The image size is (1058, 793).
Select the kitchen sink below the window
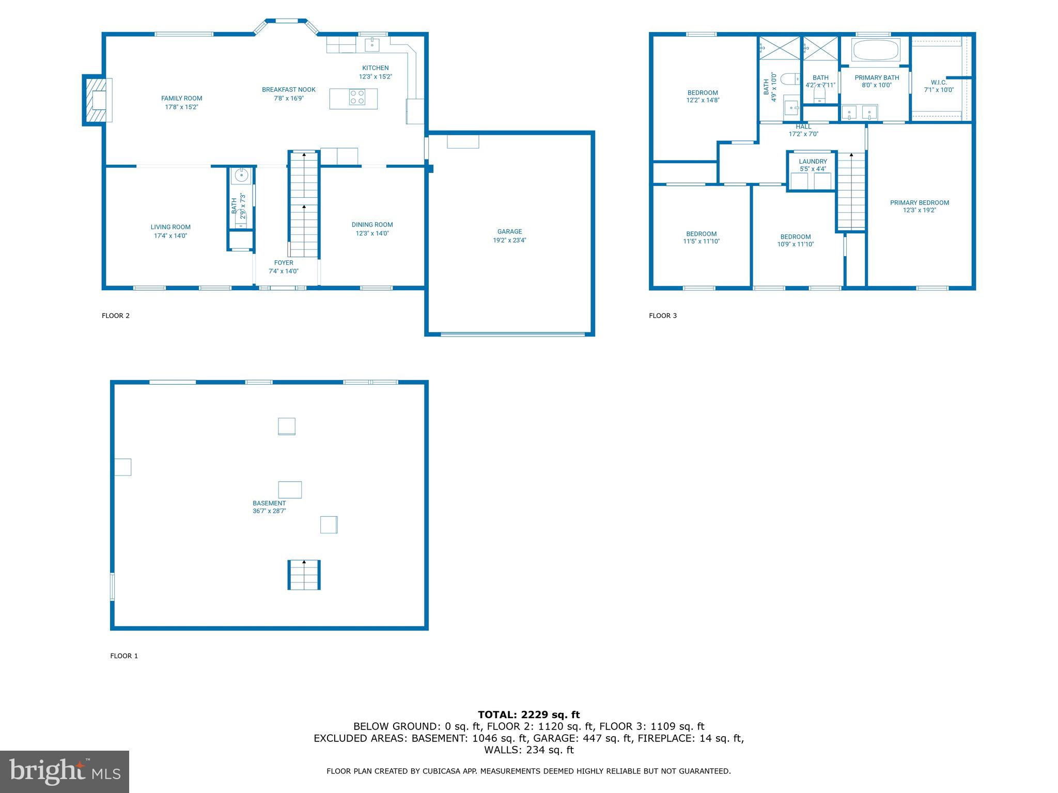[372, 45]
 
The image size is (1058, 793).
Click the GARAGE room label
[509, 232]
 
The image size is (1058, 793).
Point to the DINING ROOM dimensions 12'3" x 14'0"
[372, 233]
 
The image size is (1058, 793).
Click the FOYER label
[284, 263]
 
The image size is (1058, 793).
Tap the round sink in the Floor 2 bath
[241, 176]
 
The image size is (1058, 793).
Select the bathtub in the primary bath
[876, 51]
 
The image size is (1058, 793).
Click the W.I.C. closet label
[939, 83]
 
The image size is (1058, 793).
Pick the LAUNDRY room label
[813, 162]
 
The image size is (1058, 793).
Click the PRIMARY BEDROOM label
[920, 203]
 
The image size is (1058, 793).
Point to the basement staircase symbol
[304, 575]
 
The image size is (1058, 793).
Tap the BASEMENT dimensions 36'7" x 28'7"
[269, 511]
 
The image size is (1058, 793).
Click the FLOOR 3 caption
[663, 315]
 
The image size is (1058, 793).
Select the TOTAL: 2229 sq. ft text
[528, 715]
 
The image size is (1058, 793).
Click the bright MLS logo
[65, 772]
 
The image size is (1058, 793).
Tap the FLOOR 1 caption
[124, 656]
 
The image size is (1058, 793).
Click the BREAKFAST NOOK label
[288, 90]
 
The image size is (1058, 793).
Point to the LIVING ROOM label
[170, 227]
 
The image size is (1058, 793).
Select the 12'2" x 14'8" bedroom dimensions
[703, 101]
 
